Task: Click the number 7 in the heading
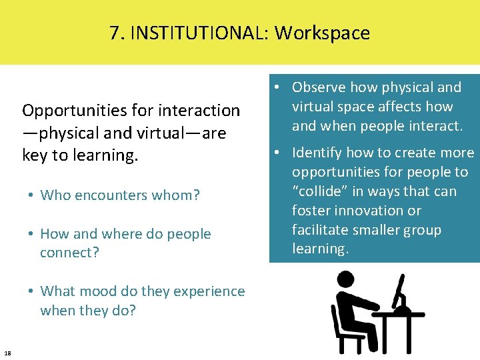(x=115, y=33)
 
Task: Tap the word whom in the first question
(x=178, y=195)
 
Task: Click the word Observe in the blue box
(x=317, y=87)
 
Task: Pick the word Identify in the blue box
(x=317, y=153)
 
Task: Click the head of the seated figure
(x=345, y=280)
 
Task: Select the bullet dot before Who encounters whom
(x=31, y=195)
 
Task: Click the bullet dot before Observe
(x=275, y=87)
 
